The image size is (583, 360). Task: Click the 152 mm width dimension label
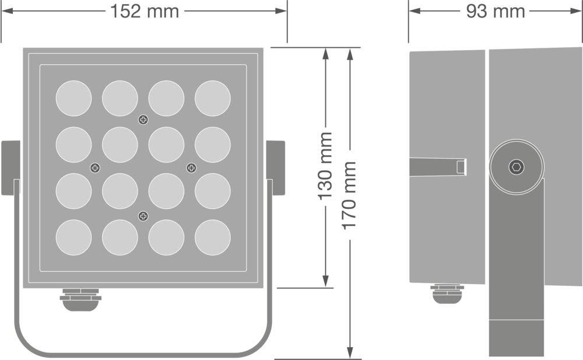145,11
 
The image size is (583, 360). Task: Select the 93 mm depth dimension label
496,11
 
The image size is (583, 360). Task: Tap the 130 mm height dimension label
325,166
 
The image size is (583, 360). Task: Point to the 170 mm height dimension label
349,195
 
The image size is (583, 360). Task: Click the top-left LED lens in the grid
73,99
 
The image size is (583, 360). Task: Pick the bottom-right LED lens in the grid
213,237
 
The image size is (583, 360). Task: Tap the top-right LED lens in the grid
213,99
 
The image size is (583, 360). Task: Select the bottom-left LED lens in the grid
73,237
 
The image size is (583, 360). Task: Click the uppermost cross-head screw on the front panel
143,120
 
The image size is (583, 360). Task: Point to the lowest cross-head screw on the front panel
143,217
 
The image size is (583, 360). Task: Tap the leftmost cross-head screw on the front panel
95,168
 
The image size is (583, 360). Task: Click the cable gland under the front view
80,299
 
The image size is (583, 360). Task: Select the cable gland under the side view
447,293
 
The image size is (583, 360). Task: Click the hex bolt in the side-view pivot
517,167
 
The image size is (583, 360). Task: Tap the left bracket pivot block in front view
11,167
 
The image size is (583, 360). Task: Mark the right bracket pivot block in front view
275,167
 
